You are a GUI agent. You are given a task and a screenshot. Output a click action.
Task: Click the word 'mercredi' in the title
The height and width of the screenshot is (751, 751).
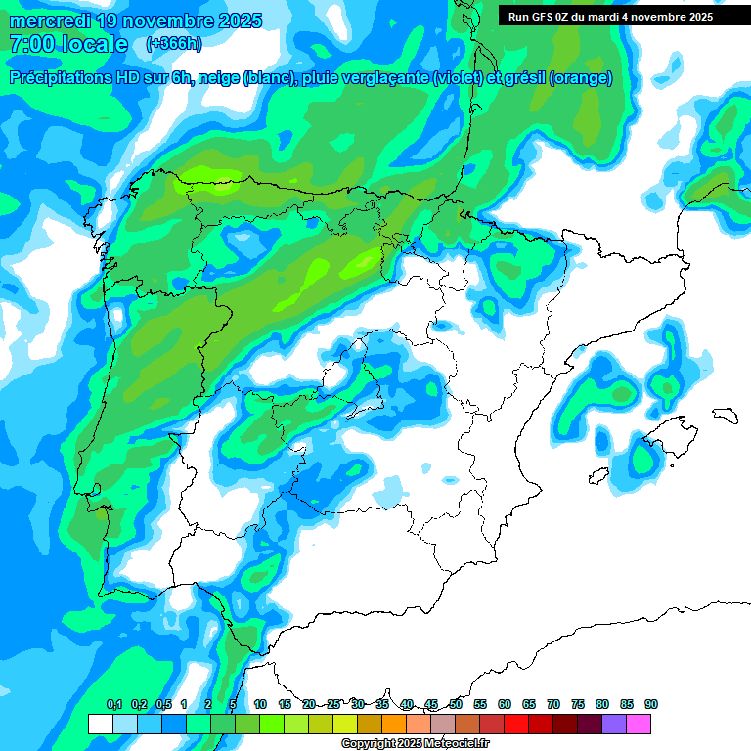[x=50, y=21]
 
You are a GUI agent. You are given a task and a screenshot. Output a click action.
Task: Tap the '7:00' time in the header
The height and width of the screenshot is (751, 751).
[x=30, y=44]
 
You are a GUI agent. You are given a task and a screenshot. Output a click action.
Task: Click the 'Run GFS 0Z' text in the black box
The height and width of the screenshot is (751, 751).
[x=543, y=17]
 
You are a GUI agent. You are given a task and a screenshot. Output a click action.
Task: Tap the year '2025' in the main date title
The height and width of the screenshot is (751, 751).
[x=236, y=21]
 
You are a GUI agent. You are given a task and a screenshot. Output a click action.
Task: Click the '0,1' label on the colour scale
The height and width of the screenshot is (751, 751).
[x=113, y=704]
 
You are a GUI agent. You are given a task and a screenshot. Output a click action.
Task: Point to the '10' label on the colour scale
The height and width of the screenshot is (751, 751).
[x=260, y=704]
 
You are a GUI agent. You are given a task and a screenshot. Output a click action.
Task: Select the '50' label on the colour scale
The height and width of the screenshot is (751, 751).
[x=456, y=704]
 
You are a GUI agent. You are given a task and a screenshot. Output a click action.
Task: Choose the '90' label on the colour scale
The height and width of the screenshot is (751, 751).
[x=651, y=704]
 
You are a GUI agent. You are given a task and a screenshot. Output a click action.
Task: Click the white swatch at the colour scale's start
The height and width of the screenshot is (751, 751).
[x=100, y=724]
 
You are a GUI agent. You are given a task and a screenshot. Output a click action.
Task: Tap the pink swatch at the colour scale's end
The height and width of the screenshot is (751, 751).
[x=639, y=724]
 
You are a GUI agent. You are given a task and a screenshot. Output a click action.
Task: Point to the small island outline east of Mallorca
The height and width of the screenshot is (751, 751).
[x=724, y=415]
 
